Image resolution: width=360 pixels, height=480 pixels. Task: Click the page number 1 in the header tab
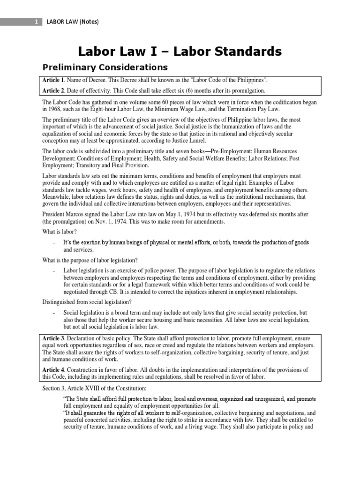(x=36, y=22)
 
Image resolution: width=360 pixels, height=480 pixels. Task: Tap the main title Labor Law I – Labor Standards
(x=180, y=51)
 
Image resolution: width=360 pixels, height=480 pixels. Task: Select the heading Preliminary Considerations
(x=105, y=67)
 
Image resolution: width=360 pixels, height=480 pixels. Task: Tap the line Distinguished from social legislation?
(x=87, y=301)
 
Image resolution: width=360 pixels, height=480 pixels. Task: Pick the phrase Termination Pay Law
(x=272, y=109)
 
